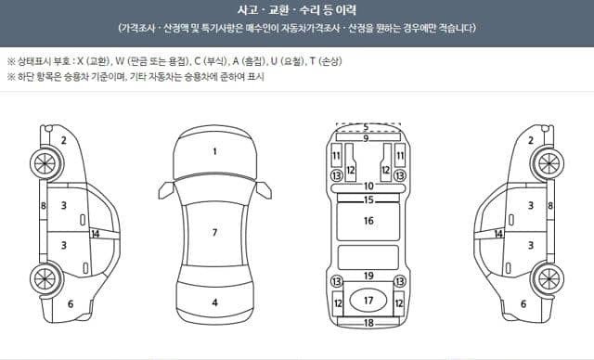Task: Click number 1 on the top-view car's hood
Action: click(214, 152)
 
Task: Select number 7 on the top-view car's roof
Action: click(214, 232)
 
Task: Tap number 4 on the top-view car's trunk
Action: click(214, 302)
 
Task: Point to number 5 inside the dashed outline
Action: click(366, 127)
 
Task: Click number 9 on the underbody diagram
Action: click(366, 138)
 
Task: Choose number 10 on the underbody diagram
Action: click(368, 186)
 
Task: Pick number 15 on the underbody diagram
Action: click(368, 199)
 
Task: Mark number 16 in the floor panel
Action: click(368, 220)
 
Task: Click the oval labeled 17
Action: click(368, 301)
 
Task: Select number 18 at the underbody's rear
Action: click(368, 323)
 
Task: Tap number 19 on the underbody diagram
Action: click(368, 276)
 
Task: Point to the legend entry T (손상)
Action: click(326, 61)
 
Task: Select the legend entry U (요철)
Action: click(288, 61)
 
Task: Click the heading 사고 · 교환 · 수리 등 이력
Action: click(297, 10)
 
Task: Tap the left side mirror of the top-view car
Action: click(167, 189)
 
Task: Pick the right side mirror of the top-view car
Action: click(264, 189)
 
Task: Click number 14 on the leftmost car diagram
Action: click(95, 234)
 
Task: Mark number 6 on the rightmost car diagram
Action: click(523, 303)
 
